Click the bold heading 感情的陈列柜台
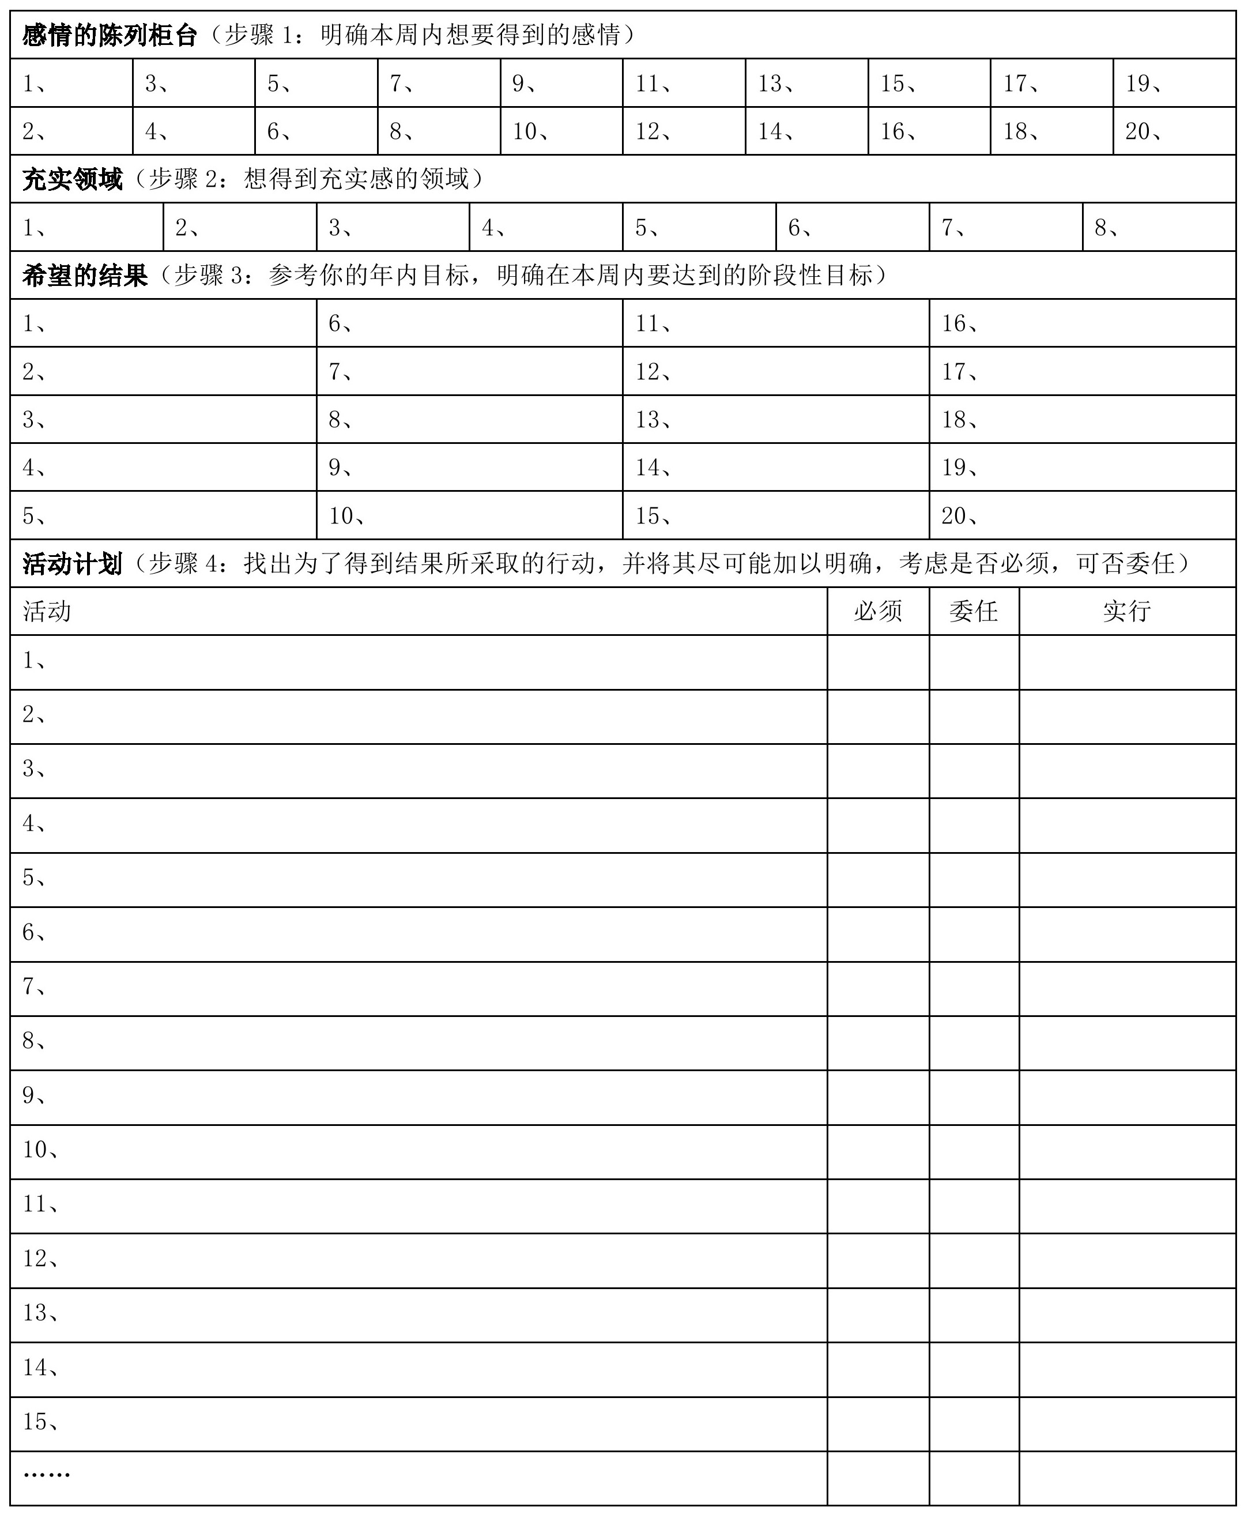click(x=110, y=35)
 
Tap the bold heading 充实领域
click(x=72, y=179)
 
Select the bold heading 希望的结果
click(x=84, y=276)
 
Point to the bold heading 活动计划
click(x=72, y=564)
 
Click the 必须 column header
click(x=878, y=611)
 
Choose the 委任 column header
click(x=974, y=611)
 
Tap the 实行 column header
click(x=1126, y=611)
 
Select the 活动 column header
click(x=47, y=611)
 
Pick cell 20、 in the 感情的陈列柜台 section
click(x=1174, y=131)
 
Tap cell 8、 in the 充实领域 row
click(x=1158, y=228)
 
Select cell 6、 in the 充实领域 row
click(x=852, y=228)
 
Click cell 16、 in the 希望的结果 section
click(x=1082, y=323)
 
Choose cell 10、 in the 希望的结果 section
click(x=469, y=515)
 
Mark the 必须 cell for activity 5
click(x=878, y=879)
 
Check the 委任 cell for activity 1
click(x=974, y=662)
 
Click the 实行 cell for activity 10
click(x=1126, y=1151)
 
